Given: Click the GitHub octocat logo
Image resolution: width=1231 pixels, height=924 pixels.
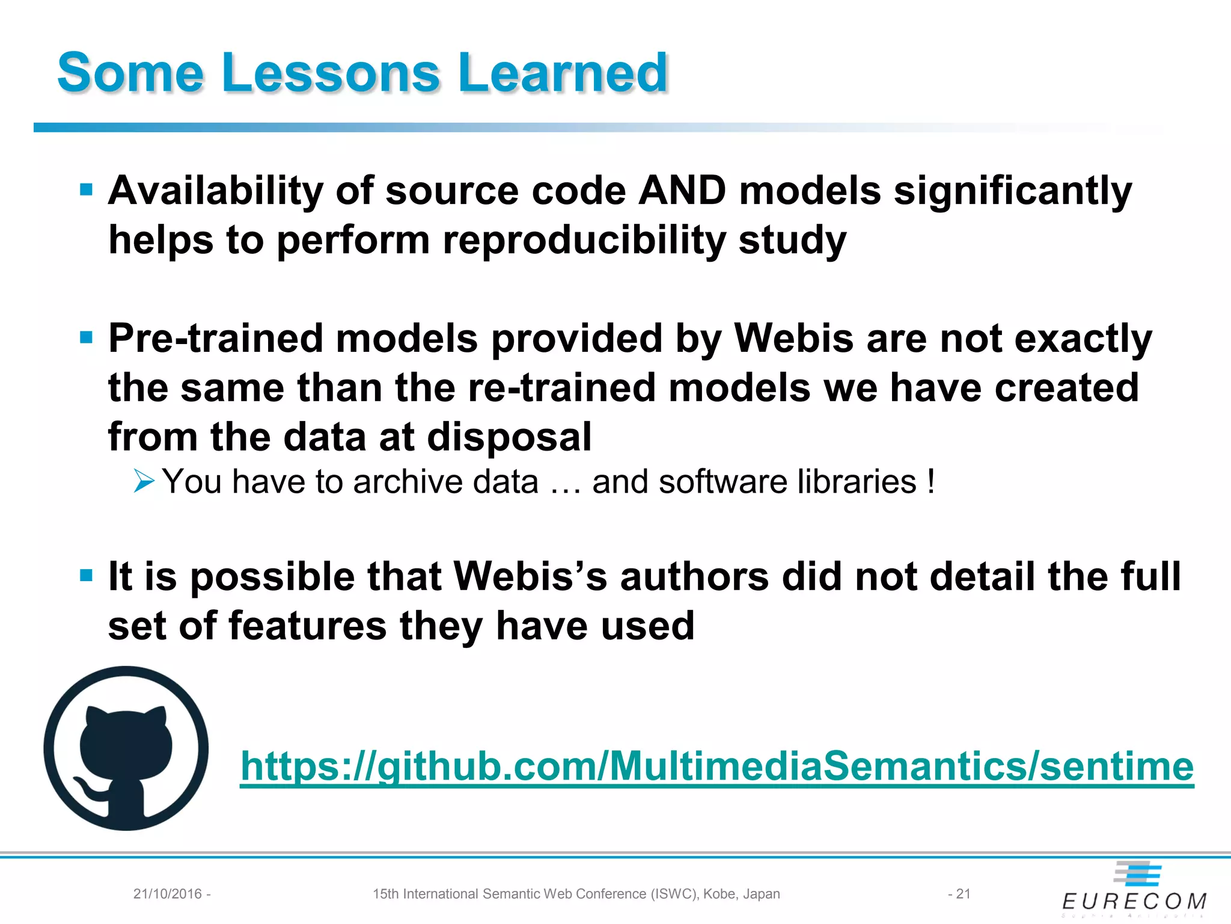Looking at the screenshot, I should click(x=126, y=748).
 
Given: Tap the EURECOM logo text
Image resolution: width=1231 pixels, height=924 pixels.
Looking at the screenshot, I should click(x=1134, y=901).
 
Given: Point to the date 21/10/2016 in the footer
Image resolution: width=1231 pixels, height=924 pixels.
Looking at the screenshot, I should click(x=168, y=894).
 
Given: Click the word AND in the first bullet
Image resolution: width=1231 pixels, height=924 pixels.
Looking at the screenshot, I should click(x=682, y=191).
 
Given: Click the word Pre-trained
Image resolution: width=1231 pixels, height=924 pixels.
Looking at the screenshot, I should click(x=216, y=338).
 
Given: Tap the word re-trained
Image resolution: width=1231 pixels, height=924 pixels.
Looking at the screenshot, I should click(x=561, y=387).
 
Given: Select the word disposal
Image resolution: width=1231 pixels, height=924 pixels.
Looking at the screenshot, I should click(x=509, y=437).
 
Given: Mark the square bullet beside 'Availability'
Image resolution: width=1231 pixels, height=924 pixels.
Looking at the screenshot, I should click(x=87, y=190).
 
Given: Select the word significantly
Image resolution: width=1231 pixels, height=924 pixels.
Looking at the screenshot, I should click(x=1013, y=191).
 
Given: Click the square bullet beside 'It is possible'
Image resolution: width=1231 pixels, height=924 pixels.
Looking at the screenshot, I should click(x=87, y=576).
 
